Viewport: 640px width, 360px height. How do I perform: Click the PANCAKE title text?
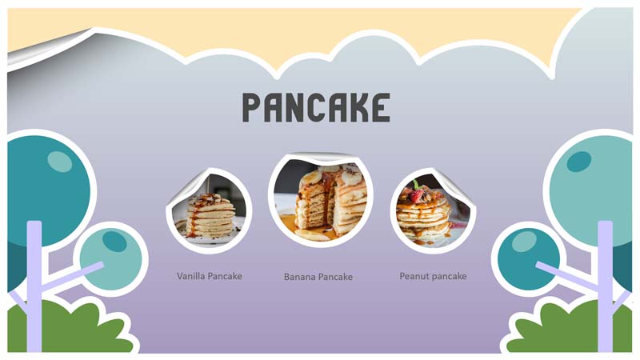point(316,107)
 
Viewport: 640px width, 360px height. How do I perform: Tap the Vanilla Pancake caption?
point(210,276)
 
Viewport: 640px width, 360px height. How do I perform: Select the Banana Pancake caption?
point(318,277)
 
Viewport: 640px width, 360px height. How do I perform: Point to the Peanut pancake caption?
point(433,276)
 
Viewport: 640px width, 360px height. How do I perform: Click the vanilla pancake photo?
point(209,211)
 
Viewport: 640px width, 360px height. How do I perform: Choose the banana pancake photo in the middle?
point(321,200)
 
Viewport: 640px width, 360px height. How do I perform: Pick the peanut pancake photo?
point(433,211)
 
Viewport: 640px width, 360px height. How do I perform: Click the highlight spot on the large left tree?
point(59,162)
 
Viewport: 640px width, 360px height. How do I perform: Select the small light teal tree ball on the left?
point(111,259)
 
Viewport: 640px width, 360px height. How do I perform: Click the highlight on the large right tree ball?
point(578,162)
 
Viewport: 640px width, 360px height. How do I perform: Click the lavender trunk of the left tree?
point(34,286)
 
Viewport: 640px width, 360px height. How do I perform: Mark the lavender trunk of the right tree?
point(606,286)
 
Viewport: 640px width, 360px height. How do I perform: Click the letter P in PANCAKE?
point(252,107)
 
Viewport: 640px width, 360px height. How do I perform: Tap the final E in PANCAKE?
point(382,107)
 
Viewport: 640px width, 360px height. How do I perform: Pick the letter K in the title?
point(360,107)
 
